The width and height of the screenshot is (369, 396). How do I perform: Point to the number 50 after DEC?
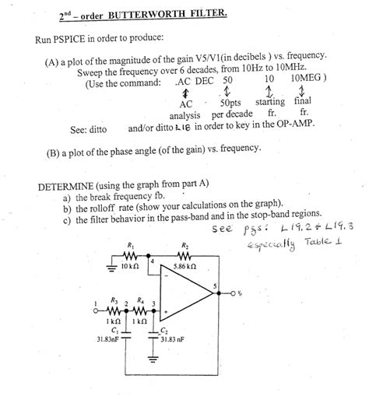pyautogui.click(x=227, y=79)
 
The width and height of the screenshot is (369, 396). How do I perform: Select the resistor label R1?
pyautogui.click(x=130, y=247)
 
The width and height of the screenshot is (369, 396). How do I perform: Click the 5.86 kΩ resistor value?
pyautogui.click(x=185, y=266)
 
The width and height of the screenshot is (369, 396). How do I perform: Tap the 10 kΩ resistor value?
pyautogui.click(x=128, y=266)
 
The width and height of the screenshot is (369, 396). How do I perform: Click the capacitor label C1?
pyautogui.click(x=115, y=330)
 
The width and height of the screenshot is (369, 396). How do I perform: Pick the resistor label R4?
pyautogui.click(x=140, y=300)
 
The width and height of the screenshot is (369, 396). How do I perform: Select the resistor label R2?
pyautogui.click(x=185, y=247)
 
